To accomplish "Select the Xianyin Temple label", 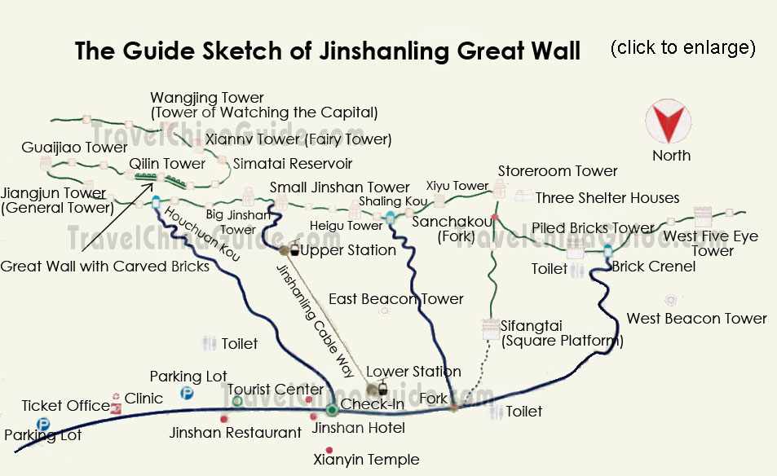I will (366, 460).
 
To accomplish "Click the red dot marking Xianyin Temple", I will (329, 450).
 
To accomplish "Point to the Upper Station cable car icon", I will (294, 249).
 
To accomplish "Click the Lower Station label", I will (413, 372).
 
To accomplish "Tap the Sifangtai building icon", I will (490, 328).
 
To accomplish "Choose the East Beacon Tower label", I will (395, 299).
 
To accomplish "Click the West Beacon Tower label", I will (695, 318).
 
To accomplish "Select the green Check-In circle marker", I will (332, 410).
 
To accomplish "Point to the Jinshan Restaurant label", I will (235, 433).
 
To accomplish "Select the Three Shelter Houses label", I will (607, 198).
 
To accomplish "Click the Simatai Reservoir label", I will (293, 164).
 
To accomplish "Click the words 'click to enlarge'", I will (682, 47).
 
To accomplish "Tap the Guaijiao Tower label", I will (75, 148).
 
